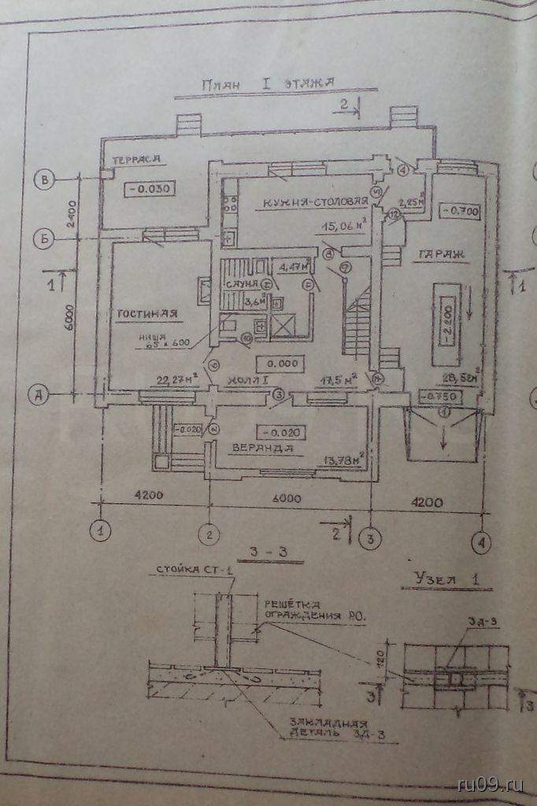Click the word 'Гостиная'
[148, 314]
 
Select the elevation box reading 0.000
[280, 364]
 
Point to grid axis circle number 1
[100, 531]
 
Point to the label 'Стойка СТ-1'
[189, 568]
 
